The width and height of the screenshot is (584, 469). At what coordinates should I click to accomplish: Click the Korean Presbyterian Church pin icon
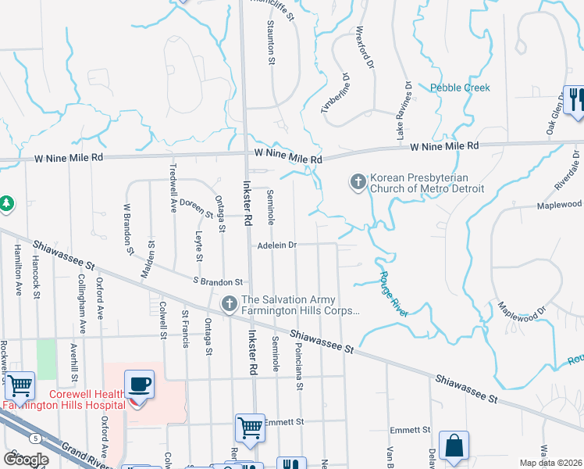[358, 182]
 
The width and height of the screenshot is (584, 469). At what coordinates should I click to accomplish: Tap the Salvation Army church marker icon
[230, 303]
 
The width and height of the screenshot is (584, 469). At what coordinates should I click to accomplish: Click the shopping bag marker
[454, 446]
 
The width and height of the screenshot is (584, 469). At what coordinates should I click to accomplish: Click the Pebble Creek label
[461, 88]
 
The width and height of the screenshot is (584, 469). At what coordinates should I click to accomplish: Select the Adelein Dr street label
[278, 245]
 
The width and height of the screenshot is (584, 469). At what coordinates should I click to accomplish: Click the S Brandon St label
[218, 281]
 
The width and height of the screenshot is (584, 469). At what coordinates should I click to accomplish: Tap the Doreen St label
[197, 207]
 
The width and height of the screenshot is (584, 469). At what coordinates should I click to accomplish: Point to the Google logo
[26, 459]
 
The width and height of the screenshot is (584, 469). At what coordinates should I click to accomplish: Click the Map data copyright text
[550, 463]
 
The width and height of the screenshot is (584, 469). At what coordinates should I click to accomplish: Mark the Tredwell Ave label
[174, 182]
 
